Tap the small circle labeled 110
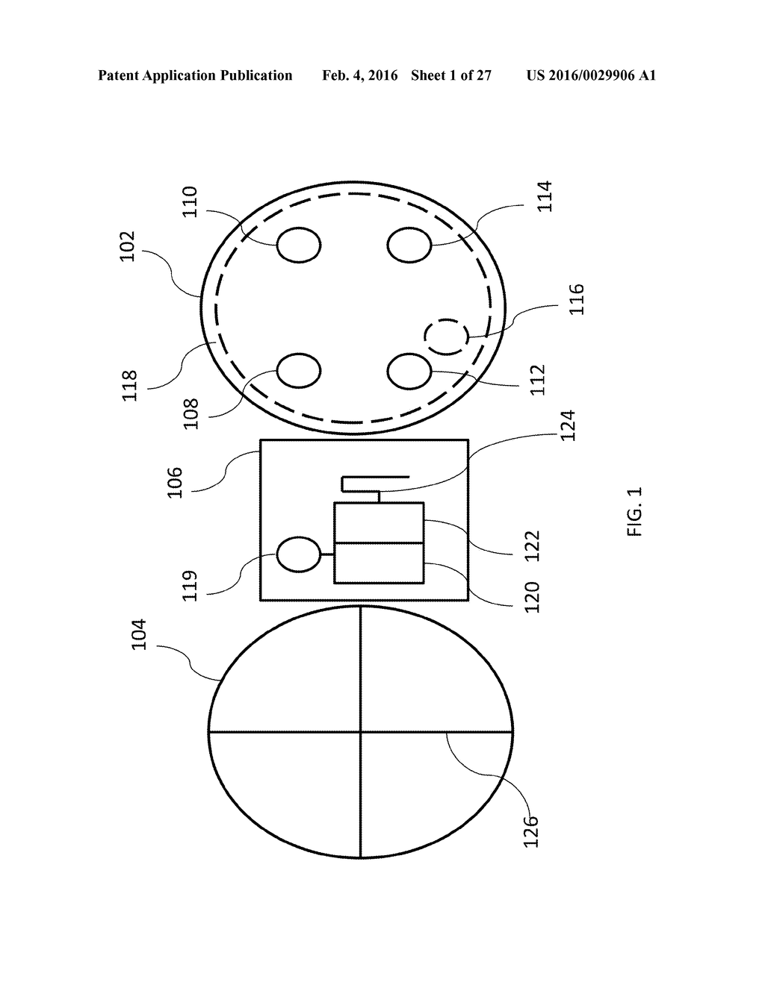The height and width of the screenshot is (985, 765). coord(299,245)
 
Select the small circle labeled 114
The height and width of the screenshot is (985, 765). coord(409,245)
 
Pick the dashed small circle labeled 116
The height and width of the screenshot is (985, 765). coord(447,337)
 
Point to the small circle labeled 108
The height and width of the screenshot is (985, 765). coord(299,370)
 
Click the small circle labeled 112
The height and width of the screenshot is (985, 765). coord(409,370)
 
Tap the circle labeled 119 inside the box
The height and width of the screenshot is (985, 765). coord(299,554)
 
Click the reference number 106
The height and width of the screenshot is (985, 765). coord(175,483)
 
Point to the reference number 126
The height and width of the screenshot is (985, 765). coord(530,831)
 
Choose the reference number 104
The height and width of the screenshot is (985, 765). coord(139,634)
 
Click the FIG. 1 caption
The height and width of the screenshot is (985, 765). coord(634,512)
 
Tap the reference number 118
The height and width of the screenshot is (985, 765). coord(130,386)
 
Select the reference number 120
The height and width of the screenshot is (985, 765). coord(532,597)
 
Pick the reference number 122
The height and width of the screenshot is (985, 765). coord(532,545)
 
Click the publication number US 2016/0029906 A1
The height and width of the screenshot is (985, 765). coord(591,75)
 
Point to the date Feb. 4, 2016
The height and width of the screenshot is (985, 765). coord(360,75)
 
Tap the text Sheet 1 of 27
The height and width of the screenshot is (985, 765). coord(451,75)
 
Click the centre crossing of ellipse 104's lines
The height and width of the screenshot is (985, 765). coord(361,732)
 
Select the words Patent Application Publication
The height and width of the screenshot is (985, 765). coord(195,75)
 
